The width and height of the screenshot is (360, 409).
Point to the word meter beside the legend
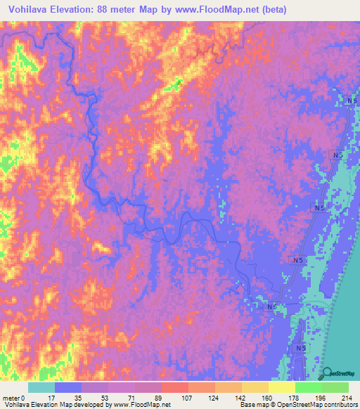[12, 398]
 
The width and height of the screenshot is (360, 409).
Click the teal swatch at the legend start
[41, 387]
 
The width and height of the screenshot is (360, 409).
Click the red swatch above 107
[175, 387]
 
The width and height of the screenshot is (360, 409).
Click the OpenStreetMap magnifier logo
[328, 375]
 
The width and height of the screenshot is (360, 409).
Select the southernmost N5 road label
[301, 349]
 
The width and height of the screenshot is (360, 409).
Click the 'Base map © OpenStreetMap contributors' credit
[295, 405]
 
